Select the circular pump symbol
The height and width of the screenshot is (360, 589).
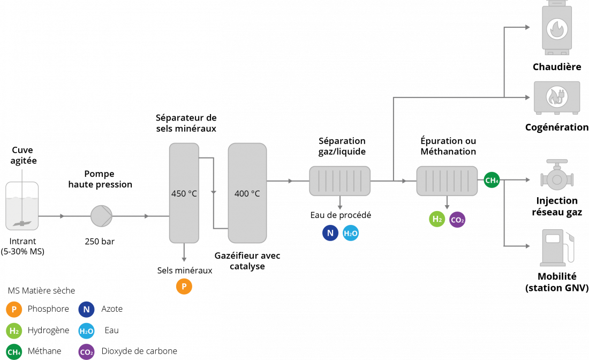(x=101, y=216)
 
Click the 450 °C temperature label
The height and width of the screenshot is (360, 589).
(x=184, y=193)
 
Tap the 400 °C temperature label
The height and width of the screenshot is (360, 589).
(x=247, y=193)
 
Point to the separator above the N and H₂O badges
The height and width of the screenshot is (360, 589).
(x=339, y=181)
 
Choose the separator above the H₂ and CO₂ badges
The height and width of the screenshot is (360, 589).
(x=447, y=181)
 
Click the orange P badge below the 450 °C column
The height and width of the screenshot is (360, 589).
(x=184, y=287)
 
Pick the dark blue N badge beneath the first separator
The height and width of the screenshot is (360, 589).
(x=330, y=232)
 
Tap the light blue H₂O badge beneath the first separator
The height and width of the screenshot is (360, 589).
(x=351, y=232)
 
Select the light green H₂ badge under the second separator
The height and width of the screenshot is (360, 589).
(x=437, y=219)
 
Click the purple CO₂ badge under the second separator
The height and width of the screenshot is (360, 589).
(x=457, y=220)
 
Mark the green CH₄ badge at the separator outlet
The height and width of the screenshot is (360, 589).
(x=492, y=180)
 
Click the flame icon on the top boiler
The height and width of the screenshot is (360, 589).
(x=557, y=29)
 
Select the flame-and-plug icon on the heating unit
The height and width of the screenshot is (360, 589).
(x=556, y=96)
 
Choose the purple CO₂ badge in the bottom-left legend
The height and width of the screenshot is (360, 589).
(x=86, y=352)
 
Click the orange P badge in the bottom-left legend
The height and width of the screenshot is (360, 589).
(x=14, y=310)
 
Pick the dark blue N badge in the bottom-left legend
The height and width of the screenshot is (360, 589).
(x=86, y=310)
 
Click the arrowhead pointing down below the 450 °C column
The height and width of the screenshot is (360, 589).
(x=184, y=259)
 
